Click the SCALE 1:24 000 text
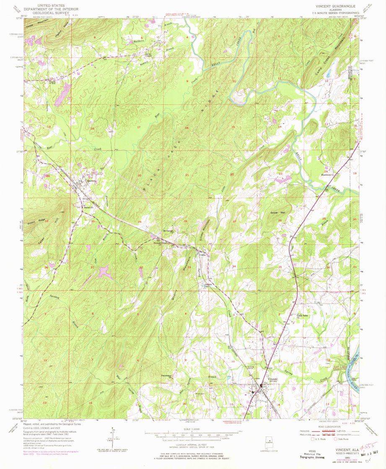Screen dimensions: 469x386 tap(193, 428)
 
